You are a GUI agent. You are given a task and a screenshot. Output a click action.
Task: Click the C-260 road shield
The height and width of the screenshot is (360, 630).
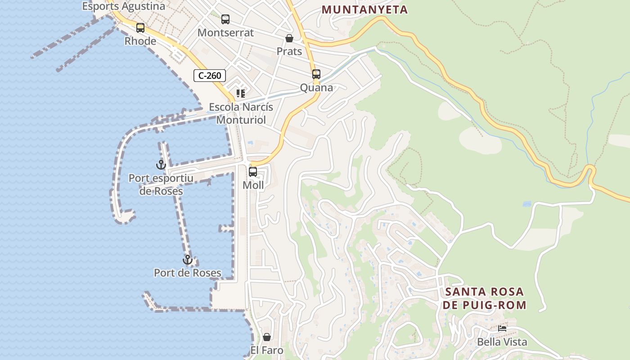(x=209, y=76)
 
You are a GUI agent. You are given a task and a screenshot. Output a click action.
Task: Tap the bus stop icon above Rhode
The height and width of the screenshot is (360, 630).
(x=140, y=28)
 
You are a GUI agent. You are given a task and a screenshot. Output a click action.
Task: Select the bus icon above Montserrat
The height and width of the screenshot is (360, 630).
(x=225, y=19)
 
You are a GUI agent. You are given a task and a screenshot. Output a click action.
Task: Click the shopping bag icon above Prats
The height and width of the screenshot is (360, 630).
(x=289, y=39)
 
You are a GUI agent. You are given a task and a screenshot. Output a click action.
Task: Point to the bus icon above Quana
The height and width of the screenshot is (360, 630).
(x=316, y=74)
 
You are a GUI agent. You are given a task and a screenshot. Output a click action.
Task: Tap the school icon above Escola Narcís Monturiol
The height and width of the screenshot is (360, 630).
(x=241, y=94)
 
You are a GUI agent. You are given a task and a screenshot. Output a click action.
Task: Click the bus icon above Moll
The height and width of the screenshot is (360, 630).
(x=253, y=172)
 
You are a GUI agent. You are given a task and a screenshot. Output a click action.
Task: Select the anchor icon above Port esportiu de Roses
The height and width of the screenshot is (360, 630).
(x=161, y=165)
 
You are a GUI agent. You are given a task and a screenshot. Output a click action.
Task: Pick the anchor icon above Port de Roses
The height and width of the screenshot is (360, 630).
(x=187, y=260)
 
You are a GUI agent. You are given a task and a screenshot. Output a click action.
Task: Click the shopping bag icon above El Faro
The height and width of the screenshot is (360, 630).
(x=267, y=337)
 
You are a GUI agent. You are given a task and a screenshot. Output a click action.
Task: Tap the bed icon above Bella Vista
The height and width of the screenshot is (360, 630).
(x=502, y=328)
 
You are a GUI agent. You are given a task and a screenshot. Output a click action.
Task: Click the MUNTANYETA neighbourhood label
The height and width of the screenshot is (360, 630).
(x=365, y=9)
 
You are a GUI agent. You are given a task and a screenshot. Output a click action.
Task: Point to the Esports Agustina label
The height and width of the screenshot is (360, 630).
(x=124, y=6)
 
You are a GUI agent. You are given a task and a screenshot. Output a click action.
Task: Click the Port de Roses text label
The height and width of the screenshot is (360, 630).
(x=188, y=273)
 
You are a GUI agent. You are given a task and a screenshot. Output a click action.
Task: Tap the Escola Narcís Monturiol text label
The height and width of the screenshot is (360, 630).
(x=241, y=113)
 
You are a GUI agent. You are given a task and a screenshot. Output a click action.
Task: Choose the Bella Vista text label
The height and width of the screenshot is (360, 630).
(x=502, y=342)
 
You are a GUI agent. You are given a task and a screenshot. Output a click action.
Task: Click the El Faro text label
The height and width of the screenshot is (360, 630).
(x=267, y=350)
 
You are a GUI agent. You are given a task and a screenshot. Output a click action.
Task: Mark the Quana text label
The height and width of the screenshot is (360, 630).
(x=316, y=88)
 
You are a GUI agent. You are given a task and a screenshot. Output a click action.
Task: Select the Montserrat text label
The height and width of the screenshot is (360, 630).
(x=225, y=33)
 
